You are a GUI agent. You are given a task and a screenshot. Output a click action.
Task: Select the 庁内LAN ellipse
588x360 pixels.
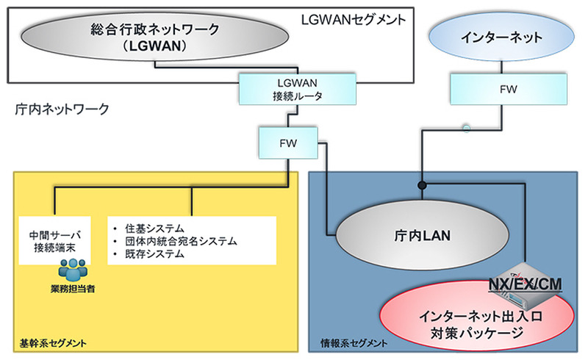[x=422, y=236]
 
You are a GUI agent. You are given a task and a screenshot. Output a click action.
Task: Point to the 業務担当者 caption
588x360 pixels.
[x=73, y=289]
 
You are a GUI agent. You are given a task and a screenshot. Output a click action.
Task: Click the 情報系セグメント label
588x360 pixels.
[x=354, y=342]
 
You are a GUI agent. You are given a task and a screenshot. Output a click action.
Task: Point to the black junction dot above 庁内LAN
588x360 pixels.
[x=423, y=184]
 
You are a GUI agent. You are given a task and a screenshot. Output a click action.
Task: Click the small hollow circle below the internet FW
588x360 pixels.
[x=465, y=129]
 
